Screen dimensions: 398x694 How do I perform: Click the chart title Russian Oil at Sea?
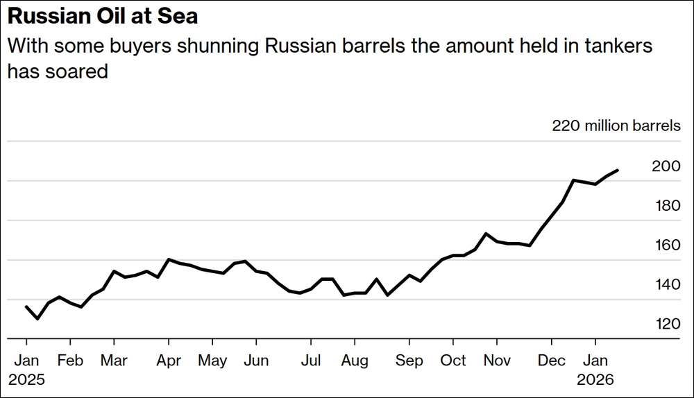[103, 16]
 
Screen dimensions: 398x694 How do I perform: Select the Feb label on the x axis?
[70, 361]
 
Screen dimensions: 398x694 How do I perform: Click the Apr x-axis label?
[168, 361]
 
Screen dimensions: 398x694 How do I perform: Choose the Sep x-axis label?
[409, 361]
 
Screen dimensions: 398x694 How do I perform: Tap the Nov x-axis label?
[497, 361]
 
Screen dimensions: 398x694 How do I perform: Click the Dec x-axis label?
[552, 361]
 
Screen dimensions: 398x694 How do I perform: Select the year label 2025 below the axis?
[26, 380]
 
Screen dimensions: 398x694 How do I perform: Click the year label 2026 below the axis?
[595, 380]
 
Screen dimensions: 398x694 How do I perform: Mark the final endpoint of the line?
[618, 170]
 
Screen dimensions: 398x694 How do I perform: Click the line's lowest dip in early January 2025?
[37, 318]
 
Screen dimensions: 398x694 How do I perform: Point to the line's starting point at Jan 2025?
[26, 306]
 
